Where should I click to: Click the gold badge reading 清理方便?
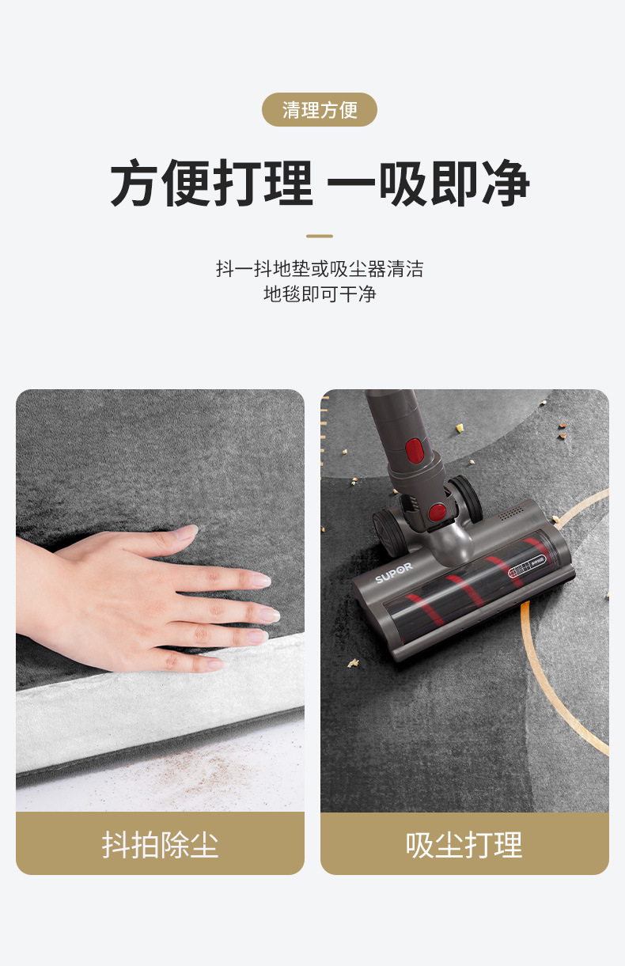pyautogui.click(x=320, y=110)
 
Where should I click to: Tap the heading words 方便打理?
pyautogui.click(x=211, y=185)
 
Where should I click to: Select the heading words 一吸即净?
pyautogui.click(x=428, y=185)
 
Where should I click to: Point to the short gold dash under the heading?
pyautogui.click(x=320, y=236)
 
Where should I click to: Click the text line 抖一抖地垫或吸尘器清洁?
pyautogui.click(x=320, y=269)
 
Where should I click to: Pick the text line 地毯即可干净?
pyautogui.click(x=320, y=295)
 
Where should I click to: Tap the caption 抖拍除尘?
pyautogui.click(x=160, y=845)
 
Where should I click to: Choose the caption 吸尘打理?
pyautogui.click(x=464, y=845)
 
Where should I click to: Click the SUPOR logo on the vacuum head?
pyautogui.click(x=393, y=573)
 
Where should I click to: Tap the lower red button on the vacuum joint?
pyautogui.click(x=436, y=512)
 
